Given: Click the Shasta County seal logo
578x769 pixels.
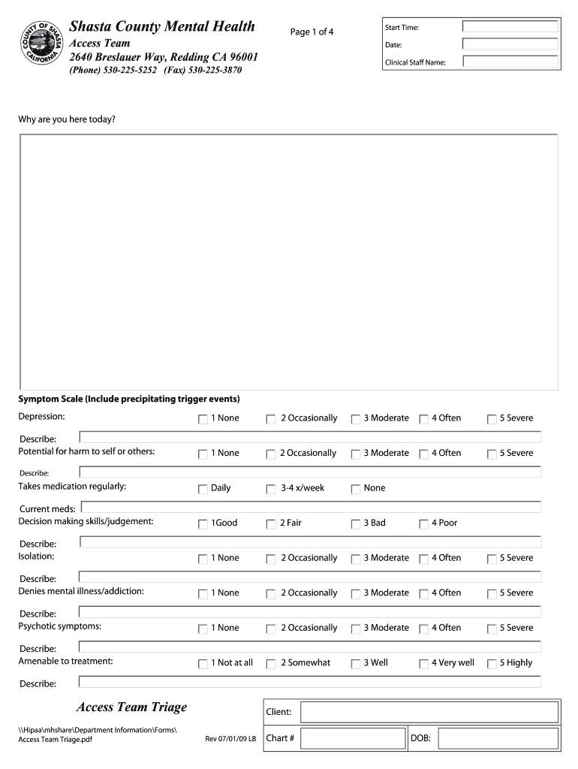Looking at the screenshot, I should pos(42,44).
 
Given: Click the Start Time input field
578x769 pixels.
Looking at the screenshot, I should pos(510,27).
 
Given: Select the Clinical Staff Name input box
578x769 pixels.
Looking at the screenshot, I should pos(510,62).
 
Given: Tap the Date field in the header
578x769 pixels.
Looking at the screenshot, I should pos(510,44).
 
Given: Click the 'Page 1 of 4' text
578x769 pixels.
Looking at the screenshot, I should pos(312,32).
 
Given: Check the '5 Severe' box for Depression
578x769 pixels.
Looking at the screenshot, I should pos(492,419).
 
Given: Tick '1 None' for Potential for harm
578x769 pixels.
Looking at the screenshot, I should pos(203,454).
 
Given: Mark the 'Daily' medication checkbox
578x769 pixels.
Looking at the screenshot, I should pos(203,489).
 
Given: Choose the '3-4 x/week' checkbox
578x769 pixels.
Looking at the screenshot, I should pos(271,489).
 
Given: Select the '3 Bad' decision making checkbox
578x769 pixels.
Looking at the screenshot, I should pos(356,524).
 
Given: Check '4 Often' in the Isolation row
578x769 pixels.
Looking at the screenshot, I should pos(423,559).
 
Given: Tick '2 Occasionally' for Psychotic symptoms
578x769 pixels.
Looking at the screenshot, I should pos(271,629).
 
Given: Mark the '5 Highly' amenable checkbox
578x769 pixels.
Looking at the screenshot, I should pos(492,664).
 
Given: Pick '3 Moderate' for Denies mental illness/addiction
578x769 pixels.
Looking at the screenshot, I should pos(356,594).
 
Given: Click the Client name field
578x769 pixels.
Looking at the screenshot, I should pos(430,712).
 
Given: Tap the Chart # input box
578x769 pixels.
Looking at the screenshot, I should pos(353,739).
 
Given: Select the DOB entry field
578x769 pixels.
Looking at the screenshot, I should pos(498,739).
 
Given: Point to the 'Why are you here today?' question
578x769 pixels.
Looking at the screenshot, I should pos(67,119).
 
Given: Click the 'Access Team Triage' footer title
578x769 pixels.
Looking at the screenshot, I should pos(131,707).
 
